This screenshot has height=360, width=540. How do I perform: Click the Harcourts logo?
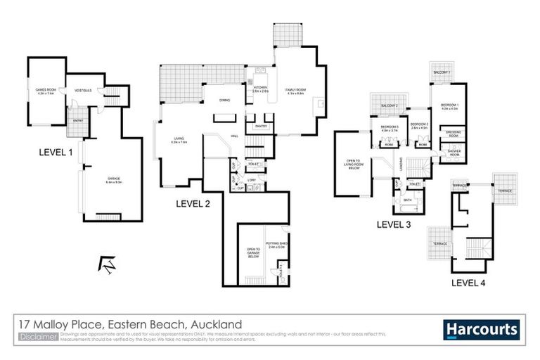tap(482, 330)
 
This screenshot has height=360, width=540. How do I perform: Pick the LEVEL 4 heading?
tap(468, 283)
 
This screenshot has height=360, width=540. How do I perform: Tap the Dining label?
tap(225, 100)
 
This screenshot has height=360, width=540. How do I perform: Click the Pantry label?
tap(259, 127)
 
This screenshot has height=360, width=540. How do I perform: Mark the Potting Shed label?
tap(275, 244)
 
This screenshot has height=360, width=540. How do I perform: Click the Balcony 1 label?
tap(442, 72)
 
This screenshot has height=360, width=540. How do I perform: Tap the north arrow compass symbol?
tap(108, 264)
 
